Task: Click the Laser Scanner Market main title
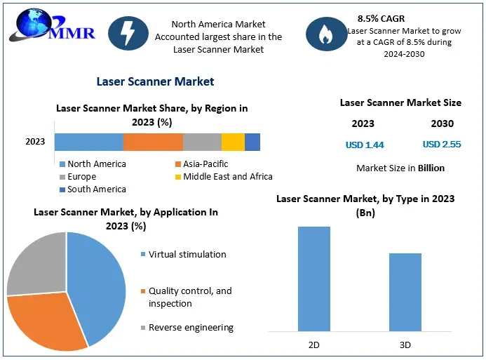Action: click(x=155, y=81)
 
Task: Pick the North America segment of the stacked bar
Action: click(x=88, y=142)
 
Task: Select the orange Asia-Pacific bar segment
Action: click(x=153, y=142)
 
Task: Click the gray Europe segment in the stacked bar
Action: click(x=202, y=142)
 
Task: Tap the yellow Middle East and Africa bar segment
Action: click(x=233, y=142)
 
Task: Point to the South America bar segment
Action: click(x=252, y=142)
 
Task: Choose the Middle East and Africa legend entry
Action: click(x=223, y=177)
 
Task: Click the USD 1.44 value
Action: click(x=365, y=145)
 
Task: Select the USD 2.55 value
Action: click(x=442, y=145)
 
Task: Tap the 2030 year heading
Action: click(x=442, y=124)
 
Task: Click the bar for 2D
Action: click(x=313, y=279)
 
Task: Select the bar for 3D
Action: click(x=405, y=292)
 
